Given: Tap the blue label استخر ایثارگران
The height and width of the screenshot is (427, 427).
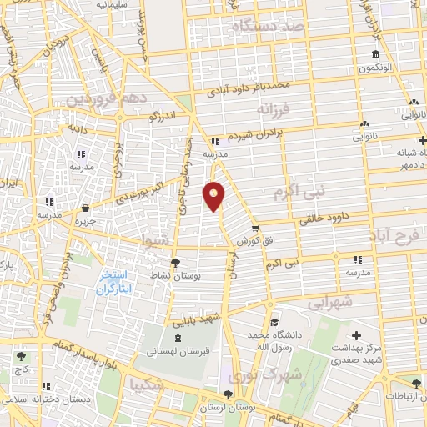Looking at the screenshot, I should [116, 283].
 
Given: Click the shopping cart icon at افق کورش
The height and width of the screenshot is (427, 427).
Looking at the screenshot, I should [255, 228].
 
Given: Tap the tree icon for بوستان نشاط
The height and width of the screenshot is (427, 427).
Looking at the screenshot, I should [174, 264].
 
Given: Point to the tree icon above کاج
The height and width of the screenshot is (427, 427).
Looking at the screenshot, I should [19, 357].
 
